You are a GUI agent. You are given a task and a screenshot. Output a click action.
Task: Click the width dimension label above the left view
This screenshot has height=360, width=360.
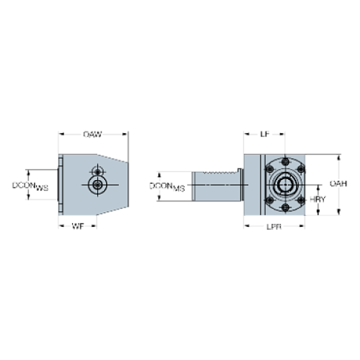coord(92,134)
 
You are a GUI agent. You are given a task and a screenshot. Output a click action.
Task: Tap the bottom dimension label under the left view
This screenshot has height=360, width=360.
coord(76,226)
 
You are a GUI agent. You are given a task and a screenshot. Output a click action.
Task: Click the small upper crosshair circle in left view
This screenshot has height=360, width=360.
coord(96,171)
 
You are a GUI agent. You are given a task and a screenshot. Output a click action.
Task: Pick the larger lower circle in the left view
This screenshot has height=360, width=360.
coord(96,186)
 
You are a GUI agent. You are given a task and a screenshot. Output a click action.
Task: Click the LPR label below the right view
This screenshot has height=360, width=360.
coord(273,226)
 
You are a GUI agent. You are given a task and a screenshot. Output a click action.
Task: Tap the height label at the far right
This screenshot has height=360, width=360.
coord(336,183)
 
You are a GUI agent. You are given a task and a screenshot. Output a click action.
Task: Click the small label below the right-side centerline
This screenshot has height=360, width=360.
coord(317,199)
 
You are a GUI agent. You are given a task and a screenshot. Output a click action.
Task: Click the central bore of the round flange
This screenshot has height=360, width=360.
coord(282,184)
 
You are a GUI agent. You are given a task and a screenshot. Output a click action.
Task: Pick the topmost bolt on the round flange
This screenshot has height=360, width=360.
coord(283,163)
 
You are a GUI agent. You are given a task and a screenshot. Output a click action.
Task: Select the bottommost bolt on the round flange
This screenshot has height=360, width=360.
coord(283,205)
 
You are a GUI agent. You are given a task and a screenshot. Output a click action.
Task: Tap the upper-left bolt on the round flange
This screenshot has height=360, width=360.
coord(268,169)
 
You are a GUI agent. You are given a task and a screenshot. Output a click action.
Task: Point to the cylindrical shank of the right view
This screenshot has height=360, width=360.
coord(217,186)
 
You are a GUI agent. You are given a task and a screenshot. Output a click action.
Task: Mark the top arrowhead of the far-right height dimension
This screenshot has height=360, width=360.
coord(339,156)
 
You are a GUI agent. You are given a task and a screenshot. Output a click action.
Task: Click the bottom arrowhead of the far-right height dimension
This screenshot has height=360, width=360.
coord(339,212)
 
